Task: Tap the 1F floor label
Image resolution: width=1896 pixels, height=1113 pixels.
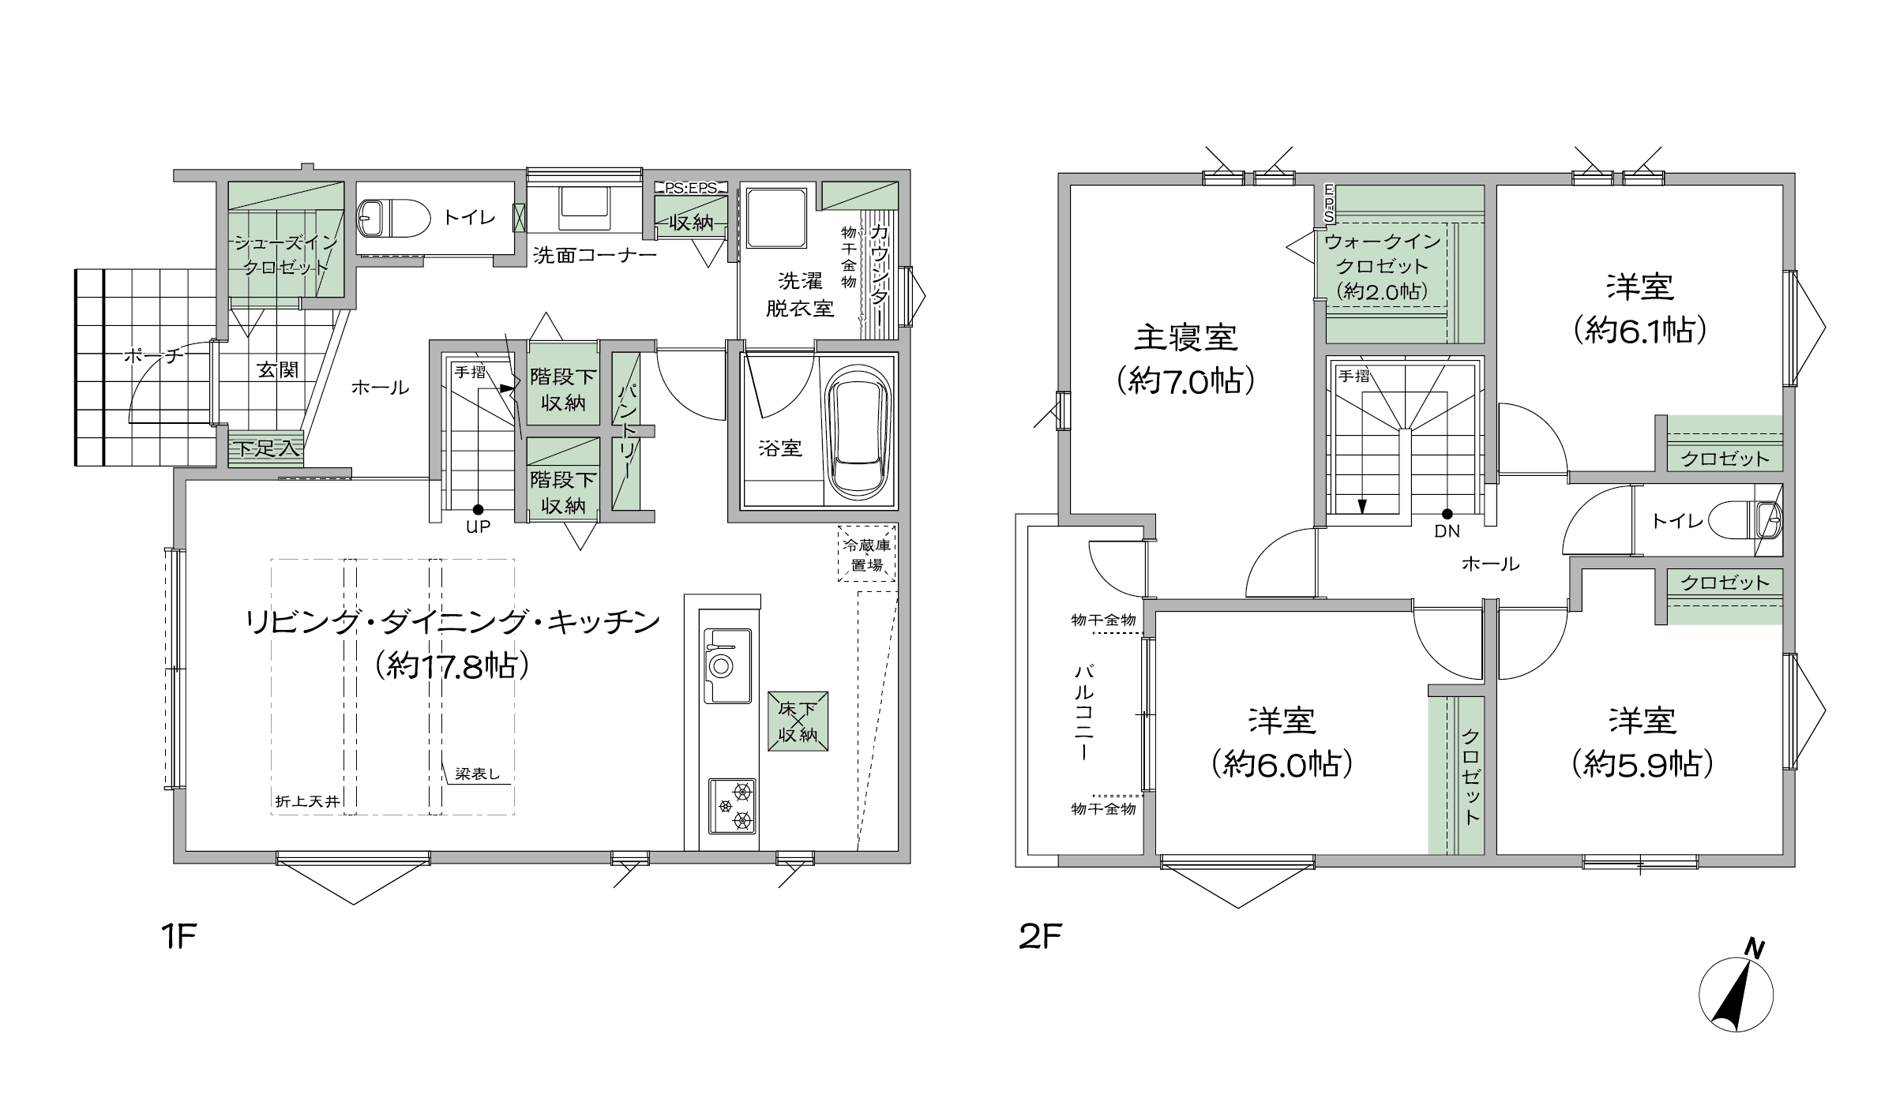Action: pos(178,937)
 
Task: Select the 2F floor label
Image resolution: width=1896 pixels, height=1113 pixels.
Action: pos(1040,937)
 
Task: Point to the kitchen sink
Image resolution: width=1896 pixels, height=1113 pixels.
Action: pos(727,665)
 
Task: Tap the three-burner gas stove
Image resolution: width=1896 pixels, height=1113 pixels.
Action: pos(732,806)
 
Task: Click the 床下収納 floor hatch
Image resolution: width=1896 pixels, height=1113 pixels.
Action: pos(798,721)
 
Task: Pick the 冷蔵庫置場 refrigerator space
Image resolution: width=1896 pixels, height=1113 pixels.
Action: pos(866,553)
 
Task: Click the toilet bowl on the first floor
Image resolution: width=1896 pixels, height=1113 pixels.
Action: pos(395,218)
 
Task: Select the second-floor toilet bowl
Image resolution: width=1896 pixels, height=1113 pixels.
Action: pos(1746,521)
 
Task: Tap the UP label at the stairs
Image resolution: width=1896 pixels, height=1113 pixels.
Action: pos(478,527)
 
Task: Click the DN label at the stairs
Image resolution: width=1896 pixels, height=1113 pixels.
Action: pos(1447,531)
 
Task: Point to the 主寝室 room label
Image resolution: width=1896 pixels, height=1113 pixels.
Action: pos(1186,338)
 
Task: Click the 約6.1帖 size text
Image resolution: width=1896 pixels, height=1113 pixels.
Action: pos(1641,331)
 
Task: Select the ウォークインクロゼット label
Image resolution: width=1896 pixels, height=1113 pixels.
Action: pos(1382,253)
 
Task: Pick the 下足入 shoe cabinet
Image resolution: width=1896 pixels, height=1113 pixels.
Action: pos(265,448)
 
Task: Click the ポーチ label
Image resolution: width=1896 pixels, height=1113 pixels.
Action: pos(153,356)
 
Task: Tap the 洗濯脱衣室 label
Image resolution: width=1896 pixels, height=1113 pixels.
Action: pos(800,294)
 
